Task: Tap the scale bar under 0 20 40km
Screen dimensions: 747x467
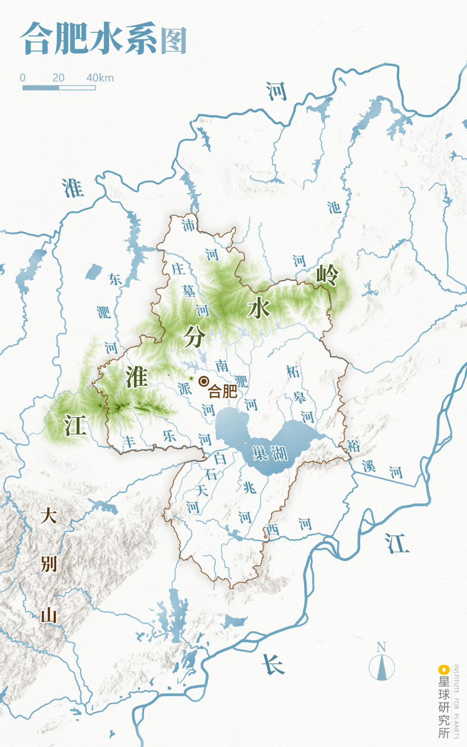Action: (x=59, y=88)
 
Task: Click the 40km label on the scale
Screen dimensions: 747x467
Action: (x=100, y=78)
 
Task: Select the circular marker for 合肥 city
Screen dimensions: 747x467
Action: (x=204, y=381)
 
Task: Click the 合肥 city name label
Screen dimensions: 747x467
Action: (x=223, y=391)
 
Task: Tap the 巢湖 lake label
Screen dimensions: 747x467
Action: (x=270, y=453)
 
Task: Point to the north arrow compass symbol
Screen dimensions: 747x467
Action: (x=381, y=667)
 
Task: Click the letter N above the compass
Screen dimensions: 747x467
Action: (x=381, y=647)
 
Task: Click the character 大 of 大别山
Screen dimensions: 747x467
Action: (x=48, y=516)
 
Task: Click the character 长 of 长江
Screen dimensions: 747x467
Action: (x=273, y=664)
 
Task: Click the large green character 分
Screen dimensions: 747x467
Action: (x=194, y=336)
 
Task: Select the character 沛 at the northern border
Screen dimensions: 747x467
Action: (x=188, y=225)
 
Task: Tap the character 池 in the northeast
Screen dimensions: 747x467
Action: (x=334, y=208)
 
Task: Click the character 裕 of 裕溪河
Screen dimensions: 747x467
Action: (x=353, y=446)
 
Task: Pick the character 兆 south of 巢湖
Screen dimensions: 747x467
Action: (x=249, y=488)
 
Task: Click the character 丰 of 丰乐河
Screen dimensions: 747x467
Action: (x=129, y=442)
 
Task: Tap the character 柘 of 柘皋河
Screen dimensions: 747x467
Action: (x=293, y=371)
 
